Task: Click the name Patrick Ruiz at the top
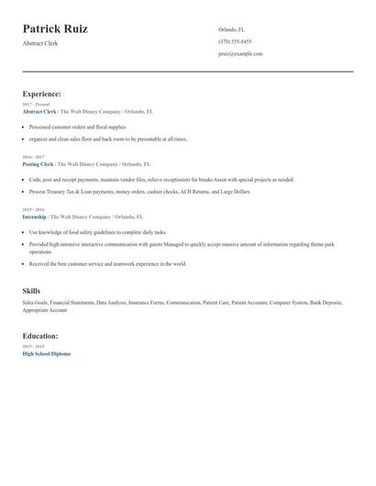(55, 29)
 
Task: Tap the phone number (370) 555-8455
(235, 41)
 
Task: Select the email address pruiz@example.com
(240, 53)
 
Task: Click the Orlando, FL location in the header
(231, 29)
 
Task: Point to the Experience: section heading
(42, 94)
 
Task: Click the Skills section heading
(31, 291)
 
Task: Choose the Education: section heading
(41, 336)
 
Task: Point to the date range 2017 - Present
(37, 105)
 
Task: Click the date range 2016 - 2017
(36, 158)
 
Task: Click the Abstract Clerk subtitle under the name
(40, 43)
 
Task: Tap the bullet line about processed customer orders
(78, 127)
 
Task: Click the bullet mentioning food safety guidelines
(97, 232)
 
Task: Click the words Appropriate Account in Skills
(45, 310)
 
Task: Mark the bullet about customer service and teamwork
(107, 263)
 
